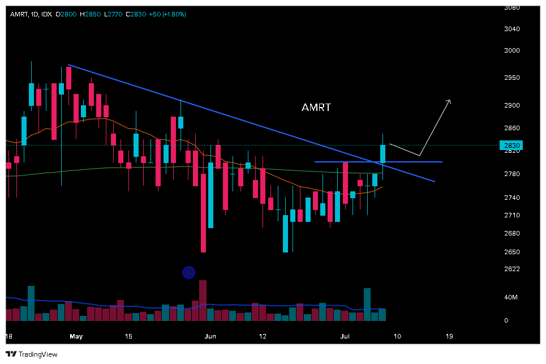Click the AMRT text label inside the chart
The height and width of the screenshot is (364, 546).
point(316,107)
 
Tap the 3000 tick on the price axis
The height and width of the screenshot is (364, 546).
point(511,50)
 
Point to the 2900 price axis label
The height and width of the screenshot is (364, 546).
point(511,105)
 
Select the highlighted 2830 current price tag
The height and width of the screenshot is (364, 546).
point(511,145)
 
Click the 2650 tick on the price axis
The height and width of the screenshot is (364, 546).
point(511,251)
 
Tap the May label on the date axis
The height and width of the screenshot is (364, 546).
point(76,336)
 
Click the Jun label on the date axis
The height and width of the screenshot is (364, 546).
point(210,336)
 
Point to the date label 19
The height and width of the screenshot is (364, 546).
point(449,336)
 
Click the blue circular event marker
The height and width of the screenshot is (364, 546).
point(189,273)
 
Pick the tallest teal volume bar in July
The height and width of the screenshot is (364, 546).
point(367,305)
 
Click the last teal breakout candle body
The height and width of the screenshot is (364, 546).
point(382,153)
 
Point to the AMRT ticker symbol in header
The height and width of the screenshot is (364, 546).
point(19,14)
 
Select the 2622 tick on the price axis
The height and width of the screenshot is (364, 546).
point(511,268)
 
